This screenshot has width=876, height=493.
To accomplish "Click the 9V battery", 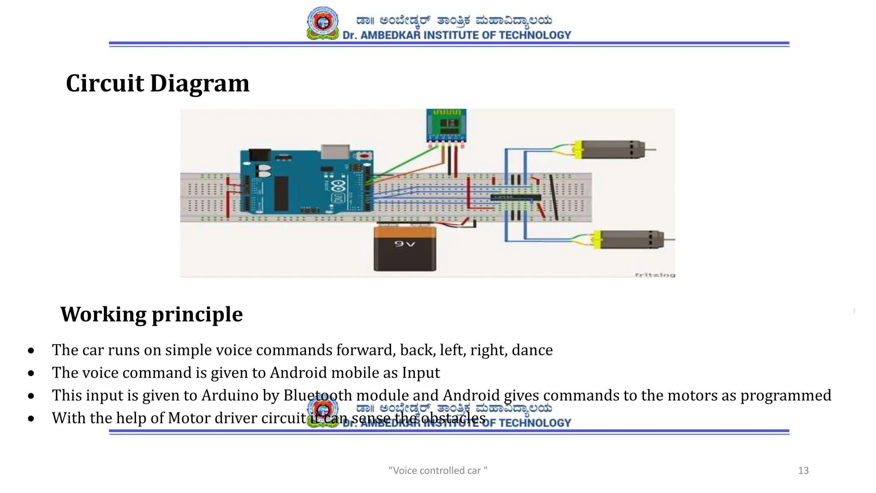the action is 405,250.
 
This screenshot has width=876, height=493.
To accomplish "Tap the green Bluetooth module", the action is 446,125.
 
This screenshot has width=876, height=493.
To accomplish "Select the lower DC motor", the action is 629,240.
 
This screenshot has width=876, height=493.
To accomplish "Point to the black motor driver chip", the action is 515,197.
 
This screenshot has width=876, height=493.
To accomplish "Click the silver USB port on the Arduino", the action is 335,152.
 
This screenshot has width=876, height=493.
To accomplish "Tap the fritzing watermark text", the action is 654,275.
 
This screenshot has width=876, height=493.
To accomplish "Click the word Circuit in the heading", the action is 105,83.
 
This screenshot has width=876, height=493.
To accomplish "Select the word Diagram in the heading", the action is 200,83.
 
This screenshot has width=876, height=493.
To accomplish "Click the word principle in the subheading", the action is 197,315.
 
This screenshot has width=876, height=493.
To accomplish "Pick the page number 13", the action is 803,471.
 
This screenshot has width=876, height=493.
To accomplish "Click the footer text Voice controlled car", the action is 438,471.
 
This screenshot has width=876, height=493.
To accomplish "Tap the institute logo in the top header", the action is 323,23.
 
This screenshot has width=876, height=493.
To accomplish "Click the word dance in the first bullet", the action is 532,350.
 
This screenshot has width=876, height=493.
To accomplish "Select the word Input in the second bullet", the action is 421,373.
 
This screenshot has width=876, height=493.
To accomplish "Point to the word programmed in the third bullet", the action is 786,395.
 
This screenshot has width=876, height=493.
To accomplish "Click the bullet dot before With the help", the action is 31,419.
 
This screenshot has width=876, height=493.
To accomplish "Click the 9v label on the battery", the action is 405,244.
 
